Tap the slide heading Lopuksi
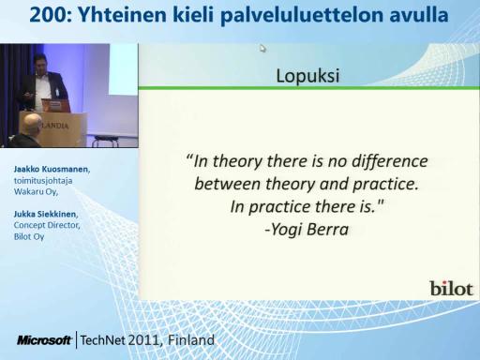(307, 76)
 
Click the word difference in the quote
(390, 162)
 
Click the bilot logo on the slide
(451, 289)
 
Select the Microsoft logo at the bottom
(44, 340)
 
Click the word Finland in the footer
(191, 339)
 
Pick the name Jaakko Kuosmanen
(52, 169)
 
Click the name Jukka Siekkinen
(45, 214)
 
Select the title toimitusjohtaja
(43, 181)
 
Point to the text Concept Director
(47, 225)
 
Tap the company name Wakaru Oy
(35, 191)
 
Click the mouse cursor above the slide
(262, 49)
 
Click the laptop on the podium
(55, 105)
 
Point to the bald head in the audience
(32, 124)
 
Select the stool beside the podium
(105, 141)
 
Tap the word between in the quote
(227, 184)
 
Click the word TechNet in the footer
(103, 340)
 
